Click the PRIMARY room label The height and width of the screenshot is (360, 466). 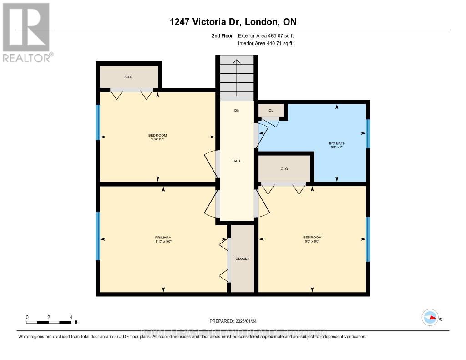[x=163, y=238]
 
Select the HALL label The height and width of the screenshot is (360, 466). [x=237, y=161]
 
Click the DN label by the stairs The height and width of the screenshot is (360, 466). [x=237, y=111]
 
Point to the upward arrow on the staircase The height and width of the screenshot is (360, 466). [x=237, y=77]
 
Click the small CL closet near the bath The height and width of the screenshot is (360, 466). [x=271, y=110]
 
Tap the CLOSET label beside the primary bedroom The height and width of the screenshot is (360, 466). [x=242, y=259]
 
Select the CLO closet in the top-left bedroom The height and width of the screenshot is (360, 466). [x=129, y=77]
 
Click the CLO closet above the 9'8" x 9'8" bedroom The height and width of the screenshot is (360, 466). [x=284, y=169]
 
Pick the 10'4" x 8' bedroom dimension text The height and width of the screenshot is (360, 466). [x=157, y=139]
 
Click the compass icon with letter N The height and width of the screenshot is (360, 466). [x=430, y=318]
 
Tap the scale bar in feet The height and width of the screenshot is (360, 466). [x=48, y=322]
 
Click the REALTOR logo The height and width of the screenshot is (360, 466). [x=26, y=32]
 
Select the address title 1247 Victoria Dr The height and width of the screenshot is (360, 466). [x=233, y=21]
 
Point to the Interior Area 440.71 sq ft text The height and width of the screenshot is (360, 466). [x=265, y=44]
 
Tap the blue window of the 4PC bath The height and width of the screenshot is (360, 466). [x=368, y=133]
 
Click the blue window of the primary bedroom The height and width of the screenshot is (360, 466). [x=97, y=236]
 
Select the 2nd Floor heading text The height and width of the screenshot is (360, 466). [x=222, y=35]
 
